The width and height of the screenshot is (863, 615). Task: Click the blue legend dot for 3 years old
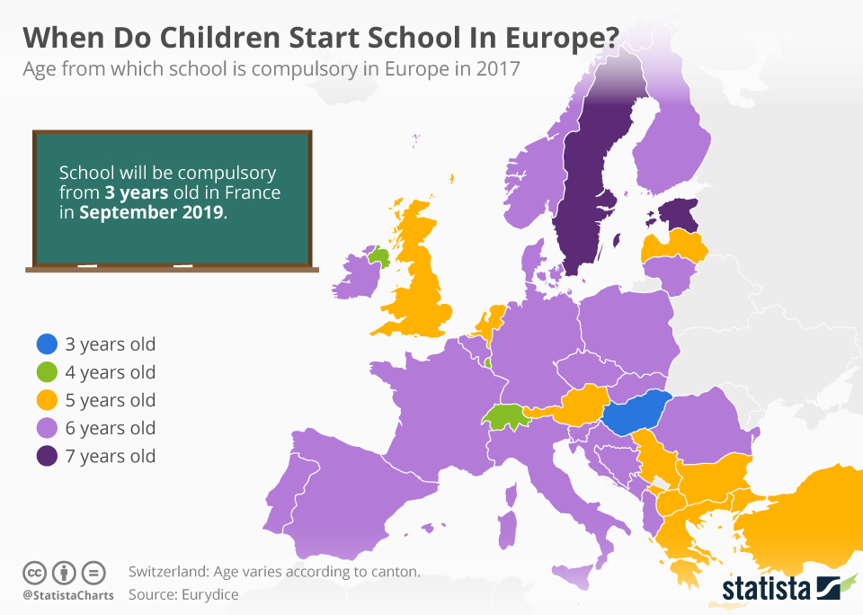47,344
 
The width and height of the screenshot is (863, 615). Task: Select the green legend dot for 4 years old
47,372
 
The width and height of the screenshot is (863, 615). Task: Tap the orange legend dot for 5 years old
47,400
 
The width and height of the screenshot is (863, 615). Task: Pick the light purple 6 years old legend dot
47,428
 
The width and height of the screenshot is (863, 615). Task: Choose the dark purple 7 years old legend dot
47,456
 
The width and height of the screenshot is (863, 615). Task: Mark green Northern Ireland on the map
379,257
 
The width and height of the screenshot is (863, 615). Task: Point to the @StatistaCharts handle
68,595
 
